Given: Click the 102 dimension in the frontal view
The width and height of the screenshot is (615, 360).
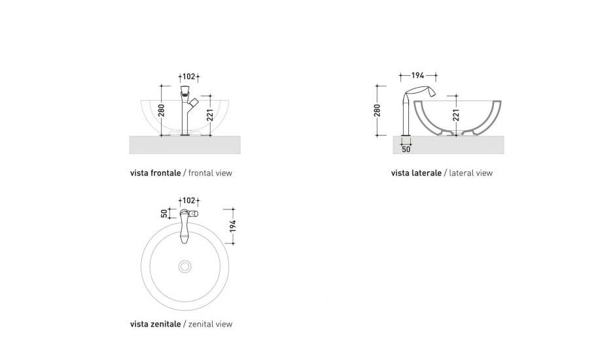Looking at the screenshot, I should [188, 76].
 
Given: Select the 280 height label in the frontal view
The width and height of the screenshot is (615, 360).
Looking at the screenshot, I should [162, 109].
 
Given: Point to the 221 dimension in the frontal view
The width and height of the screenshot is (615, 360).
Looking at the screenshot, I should [210, 115].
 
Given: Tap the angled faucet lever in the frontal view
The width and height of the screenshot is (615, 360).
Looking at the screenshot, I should [196, 101].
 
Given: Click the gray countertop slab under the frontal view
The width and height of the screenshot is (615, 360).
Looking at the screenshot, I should [185, 145].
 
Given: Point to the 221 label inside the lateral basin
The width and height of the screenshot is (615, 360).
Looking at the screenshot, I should [456, 115].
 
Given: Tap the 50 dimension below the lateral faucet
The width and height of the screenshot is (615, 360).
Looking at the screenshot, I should [406, 149].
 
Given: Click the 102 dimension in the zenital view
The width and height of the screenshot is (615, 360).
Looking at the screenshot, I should [188, 200].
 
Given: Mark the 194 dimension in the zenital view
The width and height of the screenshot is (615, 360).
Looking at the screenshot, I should [232, 226].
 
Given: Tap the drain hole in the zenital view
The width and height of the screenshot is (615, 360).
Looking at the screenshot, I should [185, 266].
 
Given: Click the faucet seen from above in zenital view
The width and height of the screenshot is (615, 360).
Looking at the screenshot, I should [185, 223].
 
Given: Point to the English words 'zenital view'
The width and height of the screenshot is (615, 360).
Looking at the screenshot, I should [210, 324].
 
